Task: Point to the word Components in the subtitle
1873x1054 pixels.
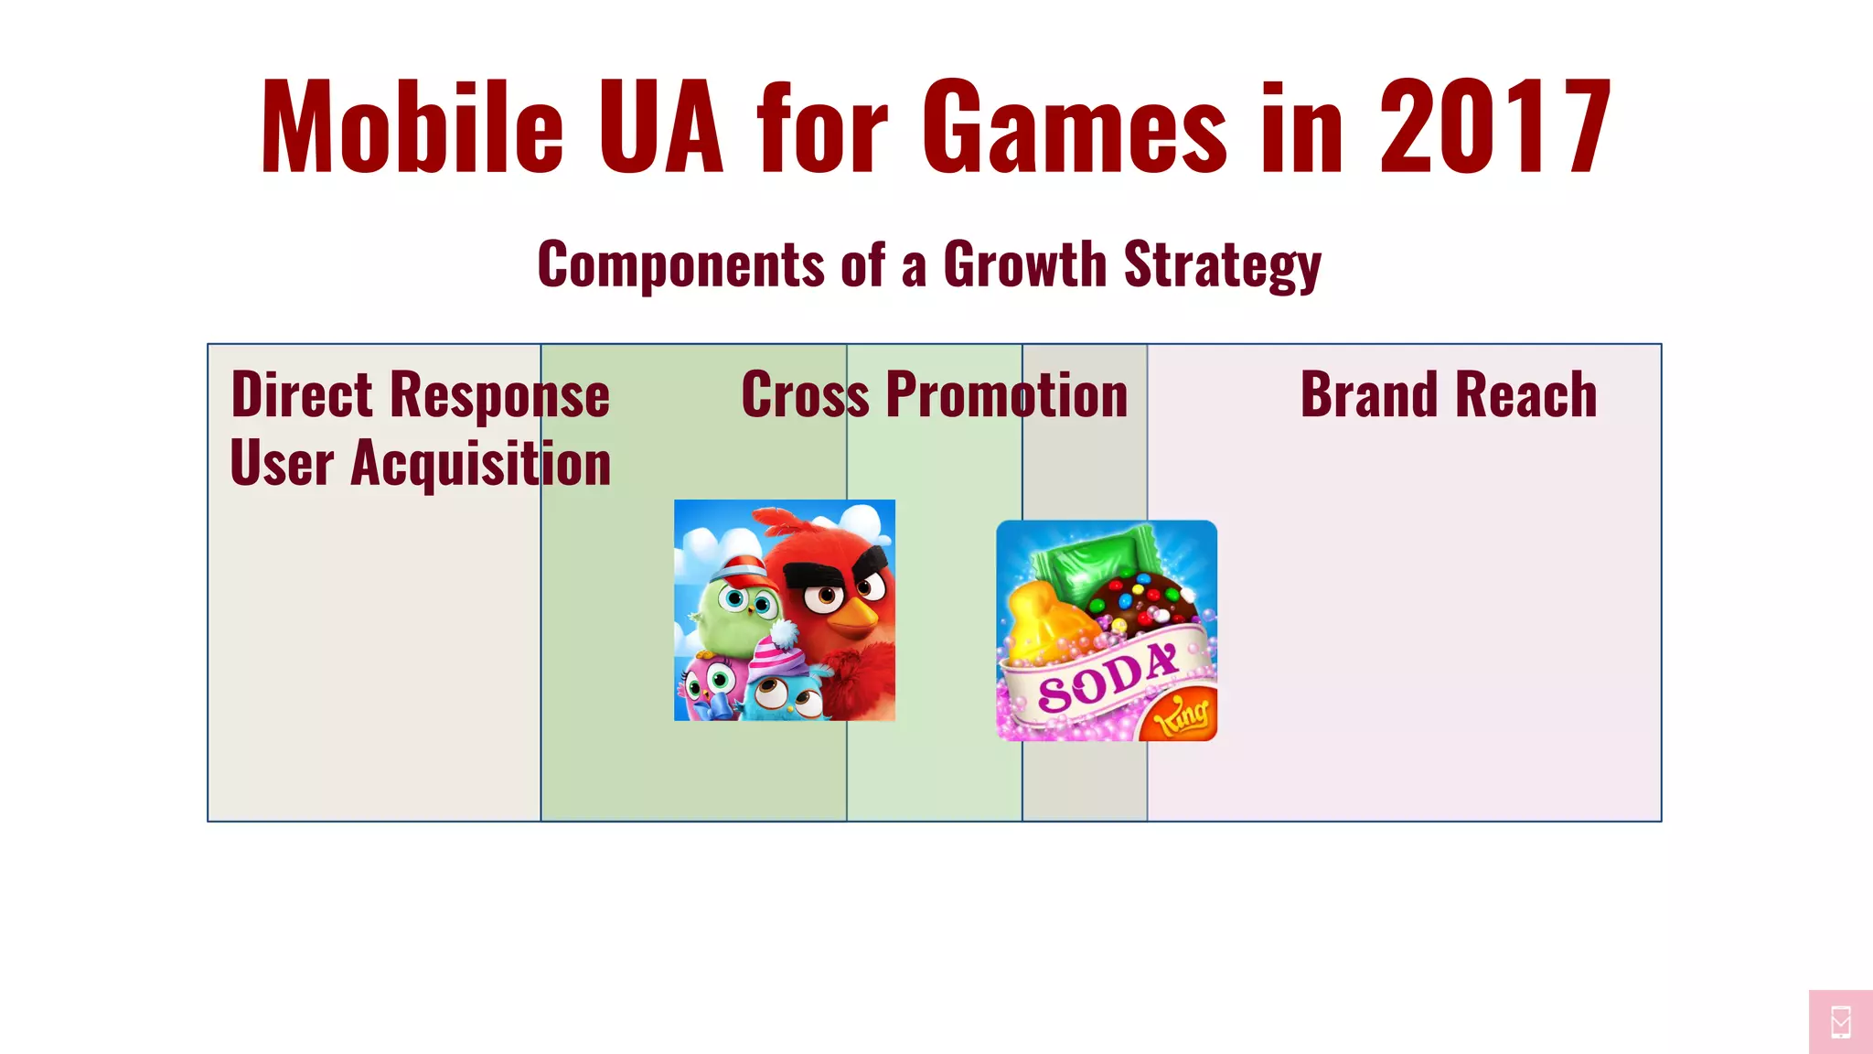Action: [x=681, y=265]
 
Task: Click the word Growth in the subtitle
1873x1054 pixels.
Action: [x=1024, y=265]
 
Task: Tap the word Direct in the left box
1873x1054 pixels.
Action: [x=302, y=395]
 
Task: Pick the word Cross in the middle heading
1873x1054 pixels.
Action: [x=805, y=395]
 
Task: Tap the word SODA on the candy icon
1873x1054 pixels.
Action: [x=1107, y=677]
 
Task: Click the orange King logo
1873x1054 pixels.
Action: [x=1182, y=715]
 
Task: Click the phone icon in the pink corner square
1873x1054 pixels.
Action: [x=1841, y=1022]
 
